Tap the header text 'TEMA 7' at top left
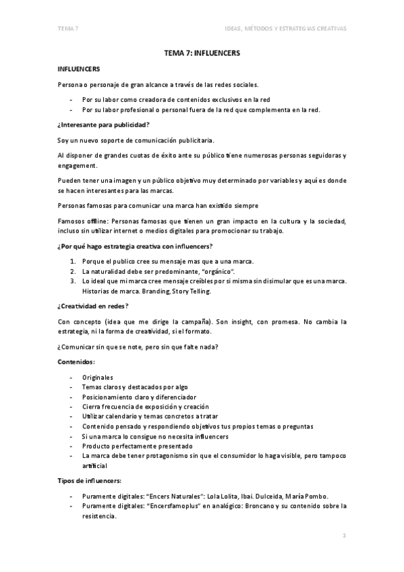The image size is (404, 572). (67, 28)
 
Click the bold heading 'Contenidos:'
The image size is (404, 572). (76, 363)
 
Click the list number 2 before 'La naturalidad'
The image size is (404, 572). (73, 270)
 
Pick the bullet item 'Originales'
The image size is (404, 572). (98, 378)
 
